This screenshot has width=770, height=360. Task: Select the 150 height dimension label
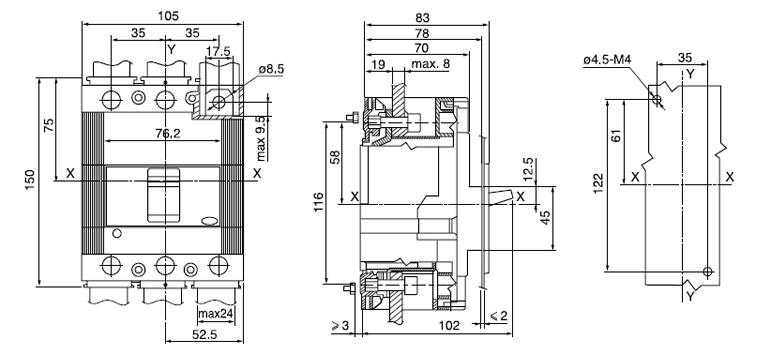tap(31, 177)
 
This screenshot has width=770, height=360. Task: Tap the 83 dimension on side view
tap(425, 17)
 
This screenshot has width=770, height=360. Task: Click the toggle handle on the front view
tap(164, 196)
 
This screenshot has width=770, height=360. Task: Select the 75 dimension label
tap(49, 126)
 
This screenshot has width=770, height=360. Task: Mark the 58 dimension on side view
tap(335, 158)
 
